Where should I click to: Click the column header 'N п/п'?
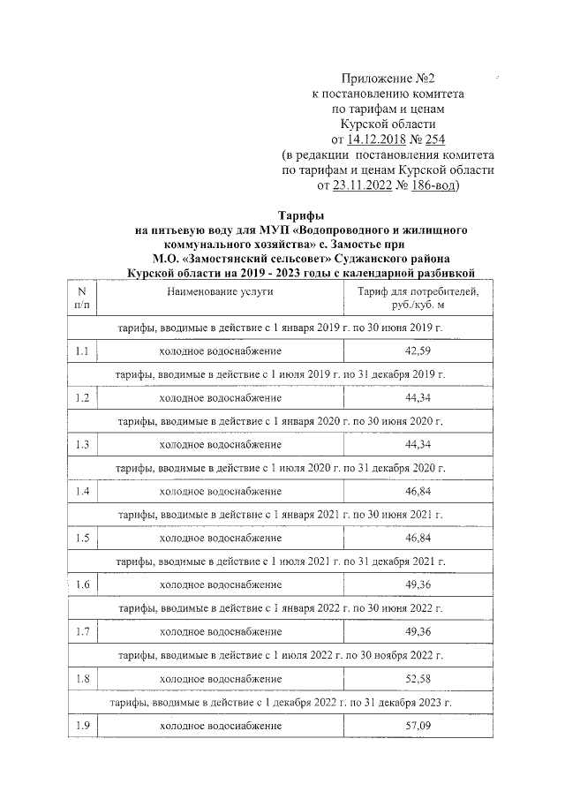pyautogui.click(x=82, y=298)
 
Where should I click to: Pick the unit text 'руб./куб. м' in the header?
pyautogui.click(x=418, y=305)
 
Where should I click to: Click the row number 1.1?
pyautogui.click(x=82, y=351)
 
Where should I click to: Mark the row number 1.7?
pyautogui.click(x=82, y=630)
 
